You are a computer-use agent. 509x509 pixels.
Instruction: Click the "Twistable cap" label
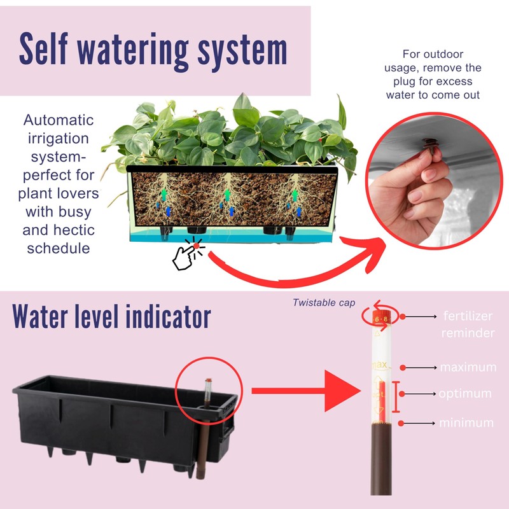click(324, 303)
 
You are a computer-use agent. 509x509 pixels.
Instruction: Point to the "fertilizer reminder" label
click(468, 324)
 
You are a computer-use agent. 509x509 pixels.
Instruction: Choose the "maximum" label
click(468, 367)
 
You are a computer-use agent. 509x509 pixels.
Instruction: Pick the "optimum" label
click(464, 394)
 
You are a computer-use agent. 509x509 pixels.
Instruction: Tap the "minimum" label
click(466, 422)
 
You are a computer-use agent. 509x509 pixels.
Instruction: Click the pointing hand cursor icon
click(187, 256)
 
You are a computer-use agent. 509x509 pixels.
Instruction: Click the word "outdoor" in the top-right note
click(445, 54)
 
